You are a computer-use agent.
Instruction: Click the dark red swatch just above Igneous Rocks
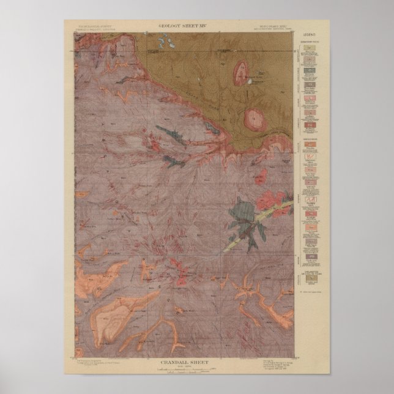tap(311, 127)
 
